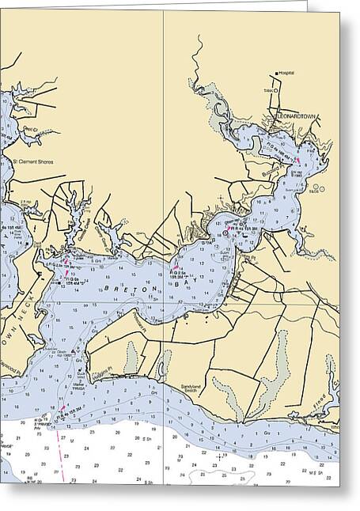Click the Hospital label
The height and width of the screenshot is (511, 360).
tap(286, 73)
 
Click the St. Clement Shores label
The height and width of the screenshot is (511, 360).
tap(33, 162)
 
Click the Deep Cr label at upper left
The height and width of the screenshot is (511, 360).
tap(30, 129)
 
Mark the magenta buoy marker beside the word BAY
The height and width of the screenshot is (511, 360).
tap(172, 270)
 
